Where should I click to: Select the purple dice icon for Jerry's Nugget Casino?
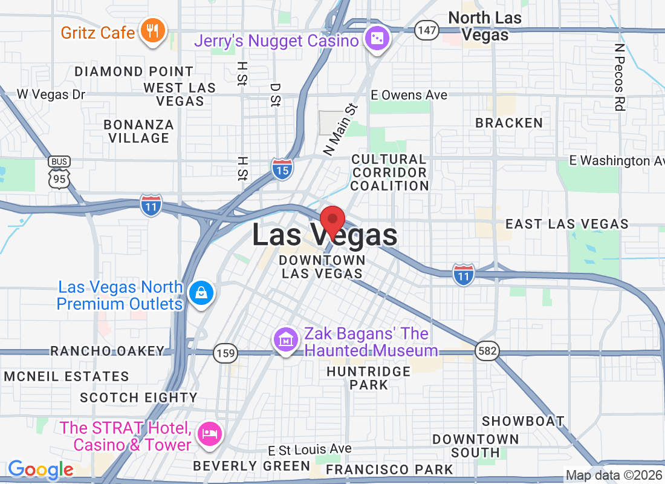click(378, 39)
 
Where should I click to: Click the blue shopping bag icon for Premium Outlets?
click(201, 293)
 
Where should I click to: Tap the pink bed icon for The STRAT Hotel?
click(210, 434)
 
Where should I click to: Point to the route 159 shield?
click(225, 353)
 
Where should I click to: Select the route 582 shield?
click(486, 351)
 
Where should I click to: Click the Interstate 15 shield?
click(282, 169)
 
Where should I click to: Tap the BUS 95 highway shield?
click(60, 172)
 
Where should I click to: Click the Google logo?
click(41, 469)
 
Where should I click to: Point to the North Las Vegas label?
click(484, 26)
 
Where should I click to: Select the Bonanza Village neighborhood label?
click(139, 131)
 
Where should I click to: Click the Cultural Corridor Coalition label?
click(389, 172)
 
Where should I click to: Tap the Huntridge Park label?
click(369, 378)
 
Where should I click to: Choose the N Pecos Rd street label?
click(618, 77)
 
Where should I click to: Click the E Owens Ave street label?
click(409, 95)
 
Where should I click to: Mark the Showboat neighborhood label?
click(523, 421)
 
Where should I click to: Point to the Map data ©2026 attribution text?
click(614, 475)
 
